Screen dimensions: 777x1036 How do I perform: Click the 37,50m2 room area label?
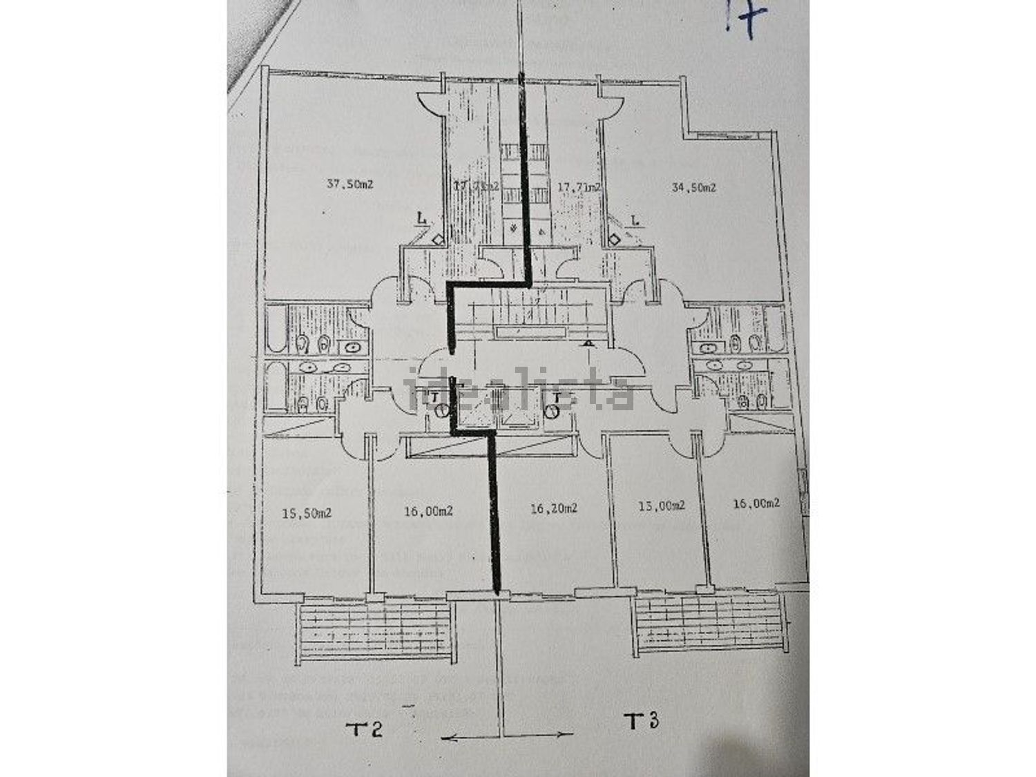(x=349, y=184)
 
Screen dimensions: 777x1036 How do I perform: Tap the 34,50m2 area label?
(x=693, y=187)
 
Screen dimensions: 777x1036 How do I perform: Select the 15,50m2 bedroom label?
(x=307, y=513)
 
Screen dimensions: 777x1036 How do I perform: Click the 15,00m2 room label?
(x=660, y=505)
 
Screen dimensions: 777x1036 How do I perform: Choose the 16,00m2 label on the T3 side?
(x=756, y=503)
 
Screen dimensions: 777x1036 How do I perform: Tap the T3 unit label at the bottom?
(x=642, y=722)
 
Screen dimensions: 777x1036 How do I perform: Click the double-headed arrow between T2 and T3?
(x=506, y=738)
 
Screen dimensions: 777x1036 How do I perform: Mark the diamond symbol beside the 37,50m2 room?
(x=438, y=240)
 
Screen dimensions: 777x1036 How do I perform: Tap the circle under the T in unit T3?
(x=551, y=412)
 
